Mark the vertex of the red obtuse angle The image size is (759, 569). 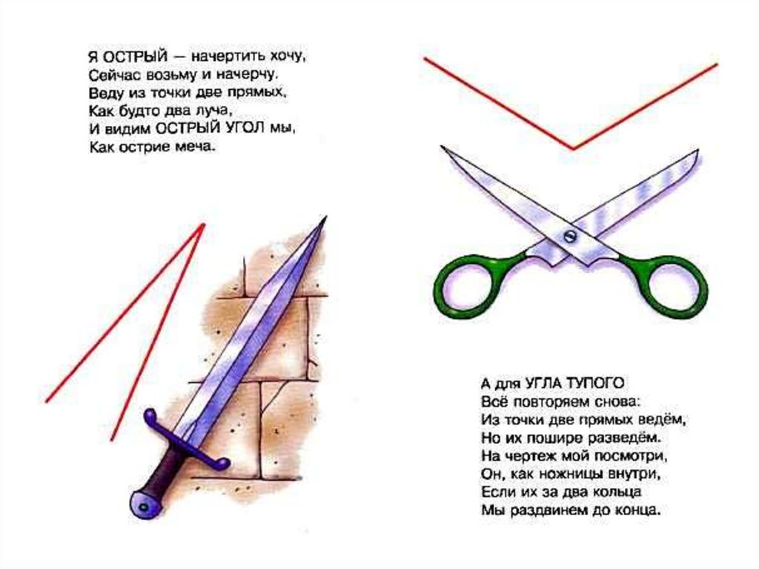pyautogui.click(x=573, y=148)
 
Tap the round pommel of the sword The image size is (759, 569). pyautogui.click(x=145, y=504)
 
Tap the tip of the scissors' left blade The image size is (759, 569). pyautogui.click(x=442, y=146)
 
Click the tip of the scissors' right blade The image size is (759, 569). pyautogui.click(x=697, y=151)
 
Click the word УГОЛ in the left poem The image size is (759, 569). pyautogui.click(x=245, y=129)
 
